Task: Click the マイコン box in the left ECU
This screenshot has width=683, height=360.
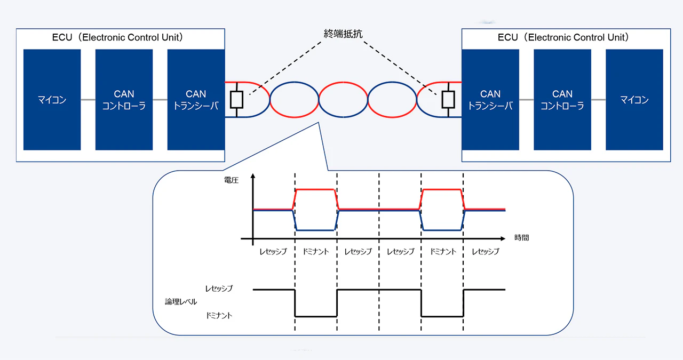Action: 52,100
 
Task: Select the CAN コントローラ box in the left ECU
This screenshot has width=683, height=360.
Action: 124,100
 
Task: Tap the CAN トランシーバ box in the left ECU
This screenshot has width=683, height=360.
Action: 196,100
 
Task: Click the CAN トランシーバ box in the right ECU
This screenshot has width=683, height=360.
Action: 490,100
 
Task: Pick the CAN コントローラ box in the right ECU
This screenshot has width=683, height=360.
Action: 562,100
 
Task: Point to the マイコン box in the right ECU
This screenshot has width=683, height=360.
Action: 634,100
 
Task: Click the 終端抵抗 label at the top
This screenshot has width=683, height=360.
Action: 343,34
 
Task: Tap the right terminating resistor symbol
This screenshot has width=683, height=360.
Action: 448,100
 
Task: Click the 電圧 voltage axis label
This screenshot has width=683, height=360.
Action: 232,181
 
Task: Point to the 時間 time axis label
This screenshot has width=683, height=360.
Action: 522,238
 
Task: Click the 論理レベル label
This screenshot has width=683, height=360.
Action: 181,302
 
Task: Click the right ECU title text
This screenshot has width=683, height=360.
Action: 563,37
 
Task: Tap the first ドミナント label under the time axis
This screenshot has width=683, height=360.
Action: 315,251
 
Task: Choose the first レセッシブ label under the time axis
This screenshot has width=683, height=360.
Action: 273,251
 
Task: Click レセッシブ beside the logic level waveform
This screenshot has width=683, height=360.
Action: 219,289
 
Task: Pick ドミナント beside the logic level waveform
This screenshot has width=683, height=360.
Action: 219,316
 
